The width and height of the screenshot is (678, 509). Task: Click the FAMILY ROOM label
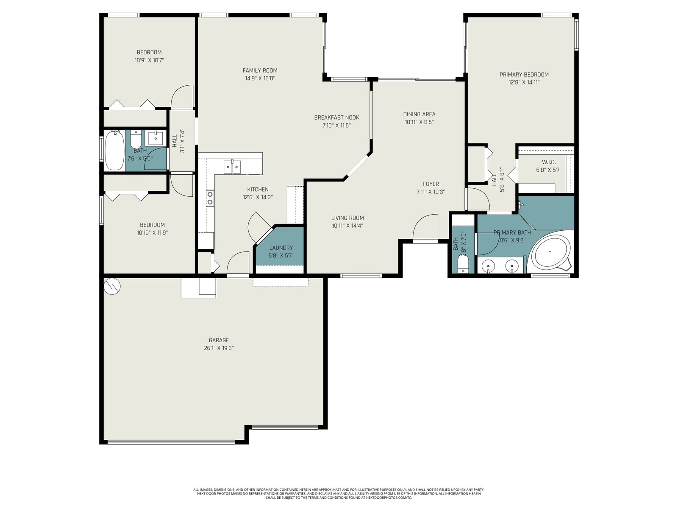pos(260,70)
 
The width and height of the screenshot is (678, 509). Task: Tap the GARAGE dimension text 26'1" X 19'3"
pos(219,348)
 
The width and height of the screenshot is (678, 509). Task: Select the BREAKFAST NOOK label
pos(337,117)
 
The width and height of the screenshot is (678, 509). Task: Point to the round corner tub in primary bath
pos(550,252)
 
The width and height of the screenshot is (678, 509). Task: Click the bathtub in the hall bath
pos(114,150)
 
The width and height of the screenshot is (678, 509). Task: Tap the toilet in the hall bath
pos(136,139)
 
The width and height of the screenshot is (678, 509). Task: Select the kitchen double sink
pos(232,167)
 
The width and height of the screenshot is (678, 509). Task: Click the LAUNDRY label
pos(281,248)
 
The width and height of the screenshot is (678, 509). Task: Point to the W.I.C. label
pos(549,162)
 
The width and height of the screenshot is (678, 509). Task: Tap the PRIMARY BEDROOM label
pos(524,75)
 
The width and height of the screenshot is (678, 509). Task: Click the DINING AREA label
pos(419,114)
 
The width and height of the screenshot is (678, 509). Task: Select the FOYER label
pos(431,184)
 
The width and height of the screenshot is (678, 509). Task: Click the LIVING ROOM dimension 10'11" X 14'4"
pos(347,226)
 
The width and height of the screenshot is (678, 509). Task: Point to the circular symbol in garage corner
pos(112,286)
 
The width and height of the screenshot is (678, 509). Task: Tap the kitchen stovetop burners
pos(210,198)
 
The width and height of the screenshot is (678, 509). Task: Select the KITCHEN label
pos(258,190)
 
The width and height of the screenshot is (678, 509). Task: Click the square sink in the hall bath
pos(156,138)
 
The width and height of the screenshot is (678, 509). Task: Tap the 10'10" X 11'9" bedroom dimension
pos(152,233)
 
